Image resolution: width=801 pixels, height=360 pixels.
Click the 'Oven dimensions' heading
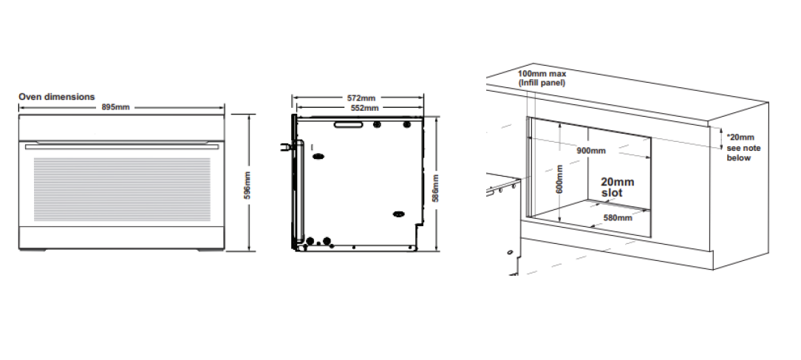pos(57,97)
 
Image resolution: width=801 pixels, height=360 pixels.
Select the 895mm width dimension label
pos(115,107)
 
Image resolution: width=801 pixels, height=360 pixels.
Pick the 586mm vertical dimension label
pos(436,188)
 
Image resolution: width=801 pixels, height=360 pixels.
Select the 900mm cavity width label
pos(590,150)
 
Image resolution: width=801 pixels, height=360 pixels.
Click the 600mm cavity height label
pos(559,178)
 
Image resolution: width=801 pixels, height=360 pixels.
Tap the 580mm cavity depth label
pos(618,217)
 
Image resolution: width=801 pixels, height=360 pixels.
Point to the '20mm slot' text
pos(617,187)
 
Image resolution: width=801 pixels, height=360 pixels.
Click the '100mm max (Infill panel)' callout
pos(542,78)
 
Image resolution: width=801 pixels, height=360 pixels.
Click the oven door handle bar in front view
pos(122,147)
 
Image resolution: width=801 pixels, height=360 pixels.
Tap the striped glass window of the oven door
pos(122,189)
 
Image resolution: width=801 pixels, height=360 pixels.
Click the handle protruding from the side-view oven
pos(285,147)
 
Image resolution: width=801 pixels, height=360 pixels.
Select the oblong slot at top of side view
pos(348,124)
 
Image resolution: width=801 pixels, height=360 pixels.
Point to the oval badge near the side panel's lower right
pos(399,214)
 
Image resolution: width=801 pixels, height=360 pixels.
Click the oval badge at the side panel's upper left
pos(318,156)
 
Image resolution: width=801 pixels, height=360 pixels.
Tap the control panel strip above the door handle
pos(122,128)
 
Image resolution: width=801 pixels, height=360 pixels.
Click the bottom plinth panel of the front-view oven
pos(122,238)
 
